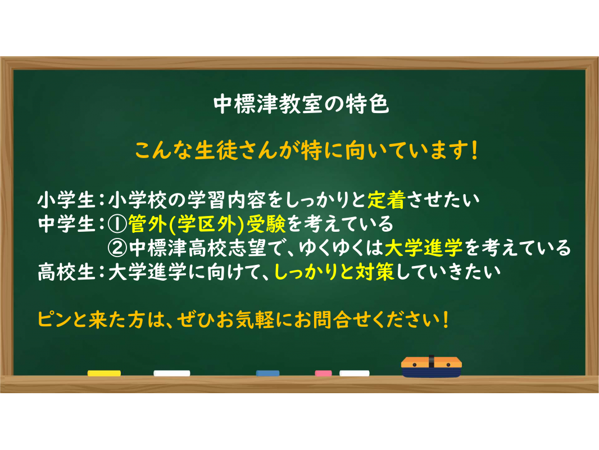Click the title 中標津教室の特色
(x=301, y=104)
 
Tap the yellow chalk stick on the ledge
(x=104, y=373)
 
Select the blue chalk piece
(x=267, y=373)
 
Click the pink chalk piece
(x=323, y=373)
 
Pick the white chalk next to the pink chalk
(x=355, y=373)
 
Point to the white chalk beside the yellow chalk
(x=171, y=373)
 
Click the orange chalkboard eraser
(x=432, y=367)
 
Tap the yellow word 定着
(x=386, y=200)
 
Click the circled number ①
(x=117, y=224)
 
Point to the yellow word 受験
(x=266, y=224)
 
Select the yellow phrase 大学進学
(x=424, y=248)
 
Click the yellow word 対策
(x=375, y=273)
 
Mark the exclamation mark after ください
(x=446, y=320)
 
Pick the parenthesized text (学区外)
(x=206, y=224)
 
